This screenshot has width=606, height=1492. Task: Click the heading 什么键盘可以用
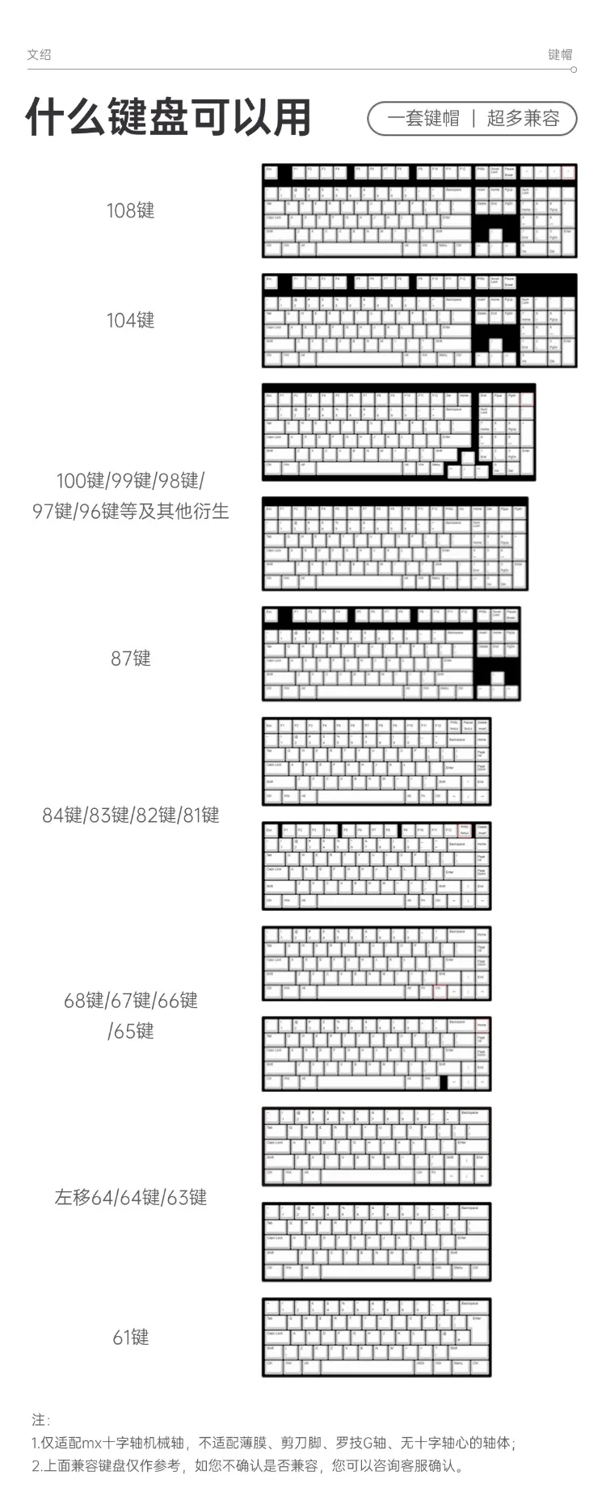169,118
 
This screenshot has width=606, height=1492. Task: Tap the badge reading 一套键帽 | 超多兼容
472,119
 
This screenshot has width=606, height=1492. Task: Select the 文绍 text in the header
39,54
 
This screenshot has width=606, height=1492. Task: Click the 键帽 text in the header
560,54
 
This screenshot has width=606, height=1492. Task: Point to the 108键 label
130,211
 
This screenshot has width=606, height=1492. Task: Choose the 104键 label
130,321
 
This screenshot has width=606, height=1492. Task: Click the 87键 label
130,659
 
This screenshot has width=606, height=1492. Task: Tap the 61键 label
130,1338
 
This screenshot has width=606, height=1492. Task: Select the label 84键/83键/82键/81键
130,816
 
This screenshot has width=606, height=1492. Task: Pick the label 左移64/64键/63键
130,1198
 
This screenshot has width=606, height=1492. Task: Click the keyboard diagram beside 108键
419,211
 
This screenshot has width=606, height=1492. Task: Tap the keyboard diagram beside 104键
419,321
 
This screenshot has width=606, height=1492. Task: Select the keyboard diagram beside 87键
391,654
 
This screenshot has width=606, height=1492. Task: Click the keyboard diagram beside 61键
377,1338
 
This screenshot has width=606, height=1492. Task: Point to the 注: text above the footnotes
40,1420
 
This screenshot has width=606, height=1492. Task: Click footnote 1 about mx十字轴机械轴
273,1443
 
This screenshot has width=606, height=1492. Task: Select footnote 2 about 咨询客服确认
248,1466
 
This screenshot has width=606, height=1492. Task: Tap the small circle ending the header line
574,70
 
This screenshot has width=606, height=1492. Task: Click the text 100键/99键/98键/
130,481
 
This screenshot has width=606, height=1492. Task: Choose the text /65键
130,1031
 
